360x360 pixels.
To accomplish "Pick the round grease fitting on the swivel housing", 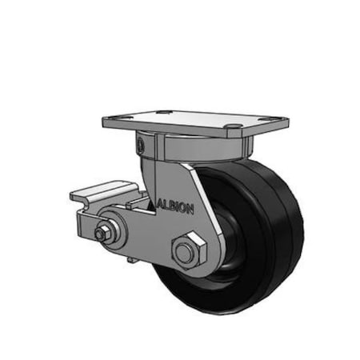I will [x=142, y=146].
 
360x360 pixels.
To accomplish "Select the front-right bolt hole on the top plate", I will [x=234, y=127].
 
